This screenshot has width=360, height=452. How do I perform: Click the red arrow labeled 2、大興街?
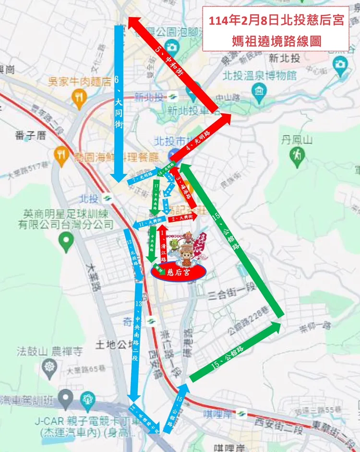point(181,219)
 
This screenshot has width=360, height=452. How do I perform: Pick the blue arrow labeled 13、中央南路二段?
point(136,341)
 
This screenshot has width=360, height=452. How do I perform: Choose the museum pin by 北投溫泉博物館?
point(260,90)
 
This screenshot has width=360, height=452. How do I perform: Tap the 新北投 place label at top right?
point(285,59)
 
